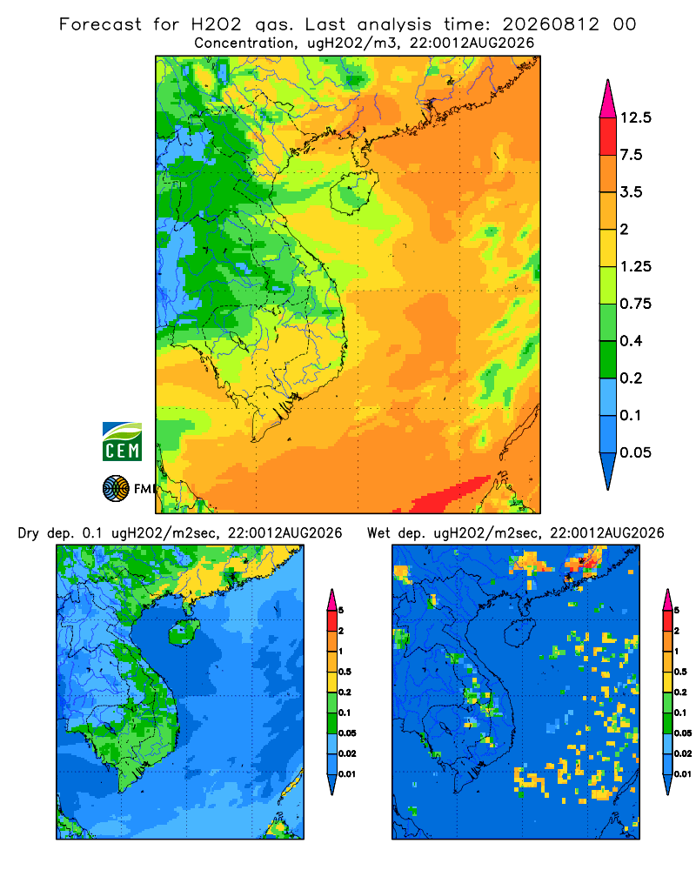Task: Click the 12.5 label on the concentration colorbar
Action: [635, 117]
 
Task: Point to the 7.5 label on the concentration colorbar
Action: [631, 155]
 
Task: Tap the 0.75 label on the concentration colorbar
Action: [635, 304]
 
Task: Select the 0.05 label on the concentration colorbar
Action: [635, 452]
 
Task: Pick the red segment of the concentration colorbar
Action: [608, 137]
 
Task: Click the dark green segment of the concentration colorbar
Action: [608, 359]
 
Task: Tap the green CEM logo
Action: [122, 442]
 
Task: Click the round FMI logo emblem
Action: [116, 489]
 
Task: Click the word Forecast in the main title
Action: [100, 24]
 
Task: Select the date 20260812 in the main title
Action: [551, 24]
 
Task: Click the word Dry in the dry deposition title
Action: [29, 533]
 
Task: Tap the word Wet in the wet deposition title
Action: [379, 533]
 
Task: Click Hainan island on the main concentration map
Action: [354, 192]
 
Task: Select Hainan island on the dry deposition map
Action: [184, 632]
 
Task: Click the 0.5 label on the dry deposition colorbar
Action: [345, 672]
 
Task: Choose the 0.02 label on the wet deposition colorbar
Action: [683, 753]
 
